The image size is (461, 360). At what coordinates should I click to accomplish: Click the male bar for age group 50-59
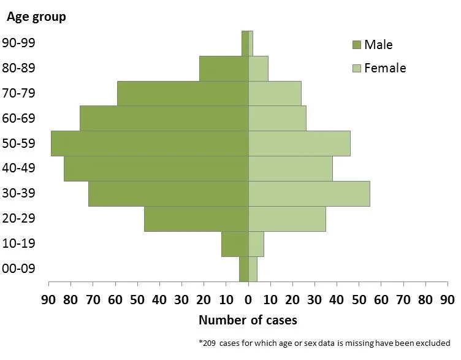[150, 144]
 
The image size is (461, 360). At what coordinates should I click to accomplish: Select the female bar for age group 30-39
[309, 194]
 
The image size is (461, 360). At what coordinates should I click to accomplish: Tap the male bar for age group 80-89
[224, 68]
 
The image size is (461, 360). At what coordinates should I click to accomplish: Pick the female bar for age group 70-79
[275, 93]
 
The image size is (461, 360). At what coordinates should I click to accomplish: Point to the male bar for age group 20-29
[196, 219]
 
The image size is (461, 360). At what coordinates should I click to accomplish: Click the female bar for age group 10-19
[256, 244]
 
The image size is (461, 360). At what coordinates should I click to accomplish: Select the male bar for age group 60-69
[164, 118]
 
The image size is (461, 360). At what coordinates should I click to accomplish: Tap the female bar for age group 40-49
[291, 169]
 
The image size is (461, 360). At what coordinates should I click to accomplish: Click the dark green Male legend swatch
[356, 45]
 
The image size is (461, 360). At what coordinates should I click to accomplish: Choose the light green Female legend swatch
[356, 68]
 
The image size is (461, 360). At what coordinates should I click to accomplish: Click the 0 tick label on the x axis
[248, 300]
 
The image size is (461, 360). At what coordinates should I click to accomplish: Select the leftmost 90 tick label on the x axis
[49, 300]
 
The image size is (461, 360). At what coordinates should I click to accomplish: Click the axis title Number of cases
[248, 320]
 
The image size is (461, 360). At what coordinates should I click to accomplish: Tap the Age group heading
[36, 17]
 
